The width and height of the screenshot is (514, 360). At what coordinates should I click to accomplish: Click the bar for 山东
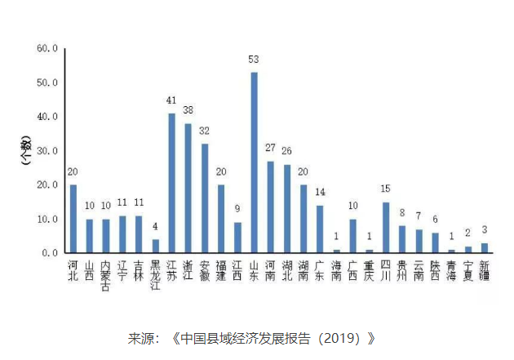click(254, 163)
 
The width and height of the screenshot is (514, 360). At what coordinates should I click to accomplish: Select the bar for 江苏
click(171, 184)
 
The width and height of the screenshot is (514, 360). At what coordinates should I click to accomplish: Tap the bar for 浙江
click(188, 189)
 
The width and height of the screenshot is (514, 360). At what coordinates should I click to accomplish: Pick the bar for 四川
click(385, 228)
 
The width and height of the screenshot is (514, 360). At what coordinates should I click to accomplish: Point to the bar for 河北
click(73, 219)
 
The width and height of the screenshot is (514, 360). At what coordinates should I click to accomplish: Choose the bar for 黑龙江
click(155, 246)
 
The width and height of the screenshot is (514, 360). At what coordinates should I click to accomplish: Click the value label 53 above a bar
click(254, 60)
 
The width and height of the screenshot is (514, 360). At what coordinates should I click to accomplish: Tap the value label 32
click(204, 131)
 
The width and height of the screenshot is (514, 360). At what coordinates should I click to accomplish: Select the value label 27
click(270, 148)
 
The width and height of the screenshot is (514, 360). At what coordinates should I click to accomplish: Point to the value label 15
click(385, 189)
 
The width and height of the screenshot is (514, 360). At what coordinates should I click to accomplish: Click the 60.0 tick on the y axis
click(47, 49)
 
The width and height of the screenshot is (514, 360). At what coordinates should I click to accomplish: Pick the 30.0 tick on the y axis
click(47, 151)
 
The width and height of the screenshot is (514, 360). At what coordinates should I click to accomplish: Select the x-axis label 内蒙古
click(105, 276)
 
